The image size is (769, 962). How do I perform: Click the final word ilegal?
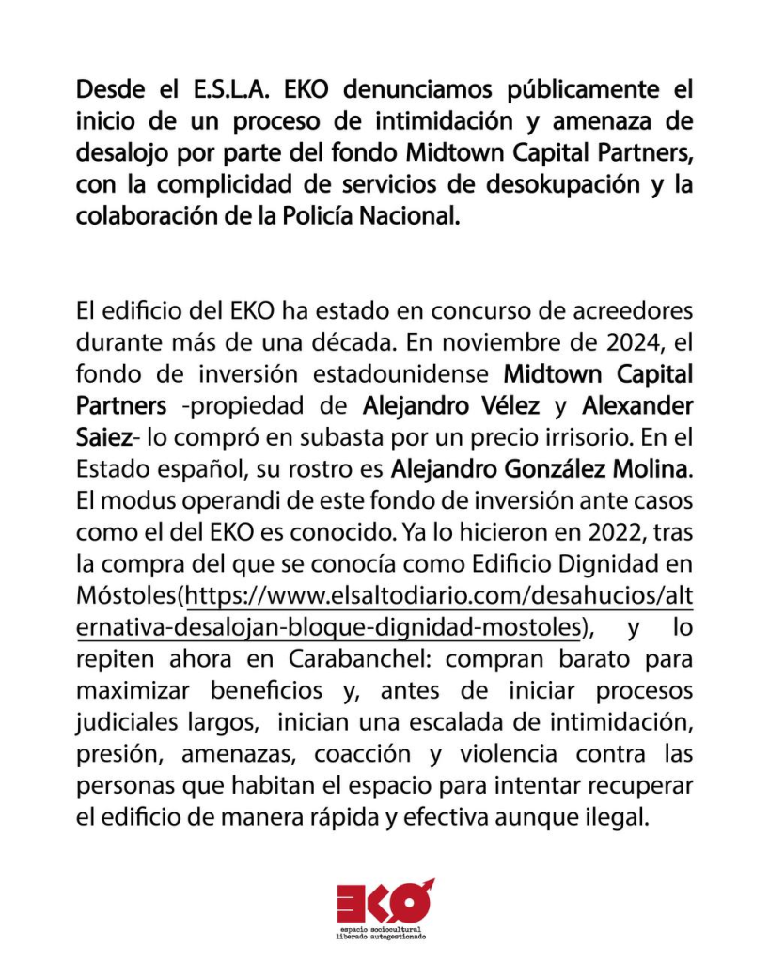coord(618,817)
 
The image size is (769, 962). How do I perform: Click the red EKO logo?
coord(384,904)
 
